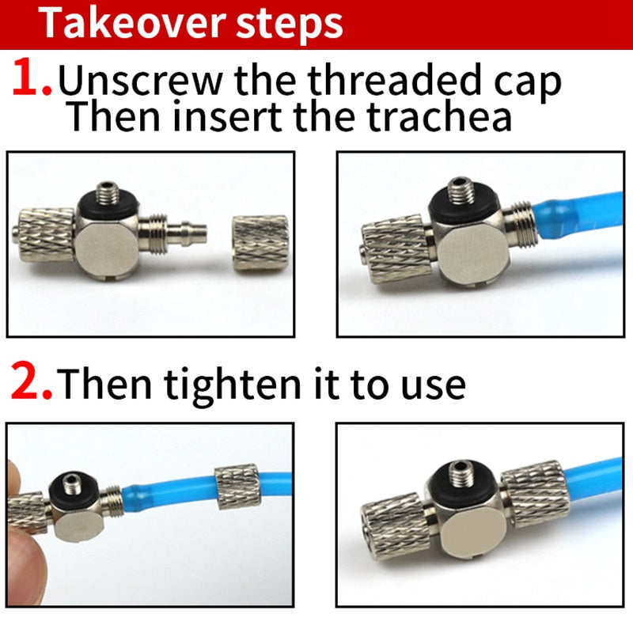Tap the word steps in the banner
click(x=289, y=25)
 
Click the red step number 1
click(x=32, y=77)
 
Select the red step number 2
click(x=31, y=381)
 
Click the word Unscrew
click(x=140, y=80)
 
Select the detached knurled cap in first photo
click(x=261, y=244)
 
